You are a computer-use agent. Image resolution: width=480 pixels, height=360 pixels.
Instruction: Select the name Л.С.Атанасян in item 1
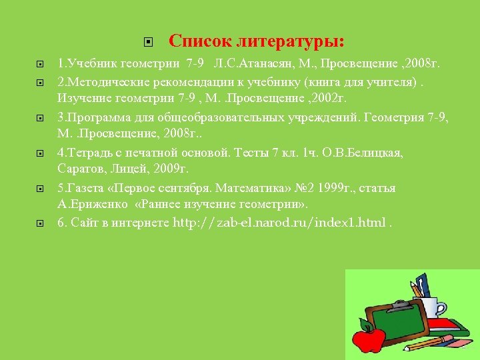pos(250,64)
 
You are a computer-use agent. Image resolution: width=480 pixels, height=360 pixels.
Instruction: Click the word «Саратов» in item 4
pos(78,168)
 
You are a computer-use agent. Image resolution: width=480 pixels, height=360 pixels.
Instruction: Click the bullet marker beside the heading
pos(149,42)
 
